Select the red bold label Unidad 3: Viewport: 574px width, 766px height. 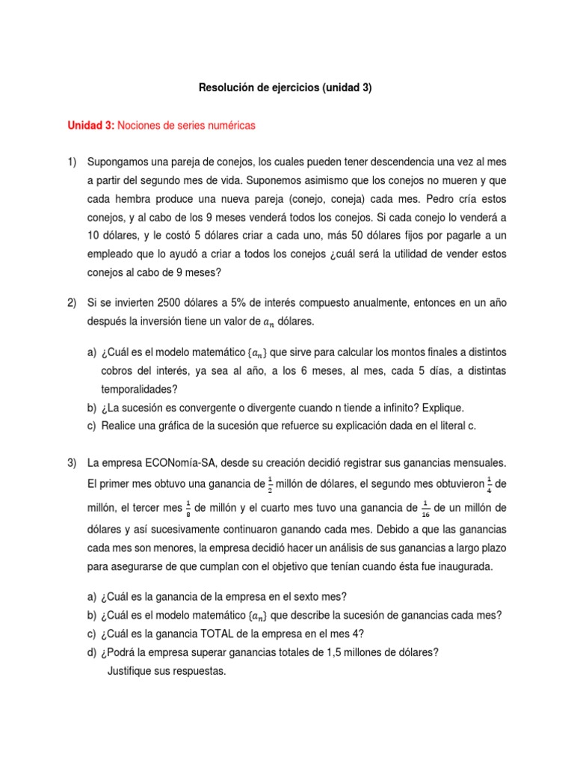(91, 126)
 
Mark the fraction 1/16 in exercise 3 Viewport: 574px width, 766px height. (425, 509)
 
